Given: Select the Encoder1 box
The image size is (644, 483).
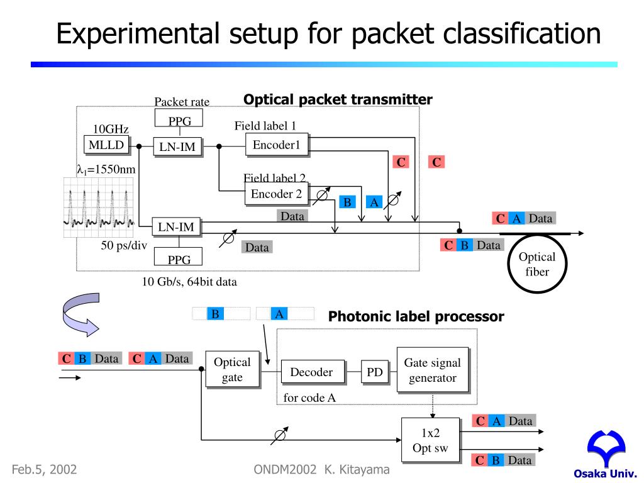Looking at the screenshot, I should [277, 145].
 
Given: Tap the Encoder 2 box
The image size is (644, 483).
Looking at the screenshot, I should [276, 194].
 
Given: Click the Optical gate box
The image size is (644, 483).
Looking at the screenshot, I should [232, 370].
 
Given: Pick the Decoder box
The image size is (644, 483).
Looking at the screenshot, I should [311, 372].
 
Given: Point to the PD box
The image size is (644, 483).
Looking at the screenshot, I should [375, 372].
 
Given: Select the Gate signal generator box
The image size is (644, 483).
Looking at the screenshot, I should [432, 370].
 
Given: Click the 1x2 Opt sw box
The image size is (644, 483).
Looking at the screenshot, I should [430, 440].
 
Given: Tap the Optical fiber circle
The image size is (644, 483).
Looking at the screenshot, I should [537, 264].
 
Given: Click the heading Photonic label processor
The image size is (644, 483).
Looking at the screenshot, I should [416, 317].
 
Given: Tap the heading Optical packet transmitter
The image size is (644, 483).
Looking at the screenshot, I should [338, 100].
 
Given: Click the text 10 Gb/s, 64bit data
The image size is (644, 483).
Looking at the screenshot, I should [189, 282].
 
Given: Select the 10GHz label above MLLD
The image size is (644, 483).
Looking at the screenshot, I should [111, 129].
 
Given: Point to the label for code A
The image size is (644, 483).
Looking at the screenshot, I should [309, 397].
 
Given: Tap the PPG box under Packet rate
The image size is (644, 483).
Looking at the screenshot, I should [179, 119].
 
